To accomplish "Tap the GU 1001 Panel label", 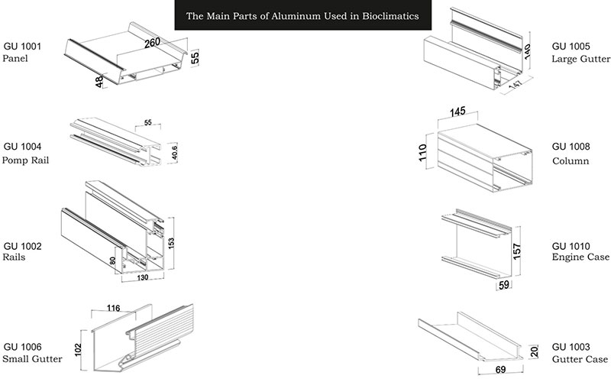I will [x=22, y=52].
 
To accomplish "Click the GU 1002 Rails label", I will [x=22, y=251].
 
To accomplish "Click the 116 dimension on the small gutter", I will [x=115, y=308].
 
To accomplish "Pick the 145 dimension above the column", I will [x=457, y=113].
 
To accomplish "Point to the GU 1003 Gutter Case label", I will [x=580, y=352].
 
